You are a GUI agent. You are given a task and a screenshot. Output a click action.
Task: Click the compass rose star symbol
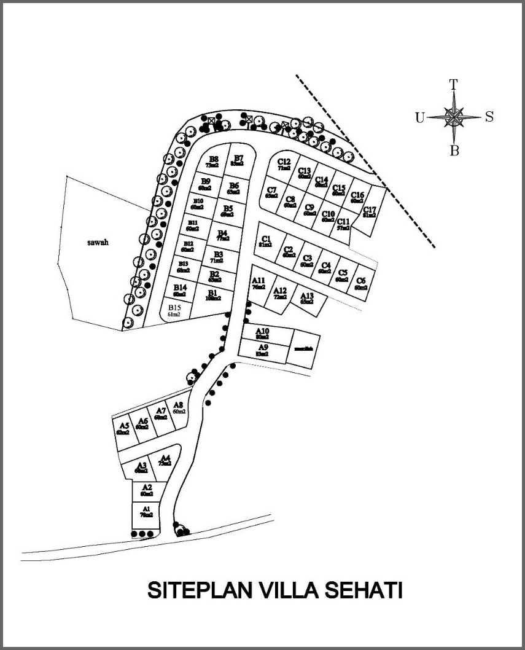[454, 117]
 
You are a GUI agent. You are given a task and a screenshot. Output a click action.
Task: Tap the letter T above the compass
[454, 85]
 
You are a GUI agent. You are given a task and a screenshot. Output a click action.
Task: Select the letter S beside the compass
[489, 117]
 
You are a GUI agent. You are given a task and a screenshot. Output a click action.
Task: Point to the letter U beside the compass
[419, 118]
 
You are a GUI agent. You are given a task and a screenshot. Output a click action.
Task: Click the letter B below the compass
[454, 151]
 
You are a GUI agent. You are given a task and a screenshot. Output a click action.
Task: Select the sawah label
[98, 242]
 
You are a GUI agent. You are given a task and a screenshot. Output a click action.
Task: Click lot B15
[174, 310]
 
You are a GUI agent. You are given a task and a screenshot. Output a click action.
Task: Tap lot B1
[213, 296]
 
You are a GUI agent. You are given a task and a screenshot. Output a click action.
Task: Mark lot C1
[266, 241]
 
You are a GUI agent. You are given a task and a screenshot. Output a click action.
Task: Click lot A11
[259, 283]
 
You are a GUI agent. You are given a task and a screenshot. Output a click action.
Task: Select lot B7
[238, 161]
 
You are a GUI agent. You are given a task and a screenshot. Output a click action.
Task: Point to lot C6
[360, 284]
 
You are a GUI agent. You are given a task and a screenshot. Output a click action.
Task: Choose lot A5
[123, 428]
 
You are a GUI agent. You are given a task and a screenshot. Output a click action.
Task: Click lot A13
[307, 299]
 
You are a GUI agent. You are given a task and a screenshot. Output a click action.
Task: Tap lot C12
[284, 164]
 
